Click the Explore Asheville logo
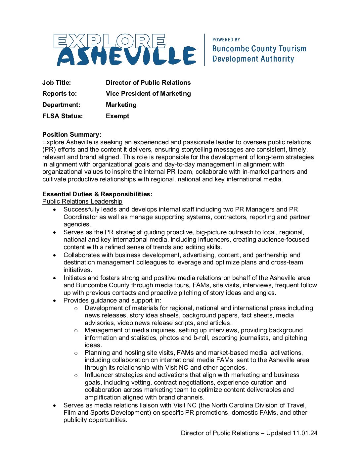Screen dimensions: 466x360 [125, 50]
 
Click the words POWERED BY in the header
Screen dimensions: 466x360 [226, 40]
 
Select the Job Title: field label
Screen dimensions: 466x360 [57, 83]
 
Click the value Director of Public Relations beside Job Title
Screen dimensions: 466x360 [148, 83]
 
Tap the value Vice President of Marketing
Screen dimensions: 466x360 [148, 94]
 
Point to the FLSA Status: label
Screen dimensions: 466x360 [63, 116]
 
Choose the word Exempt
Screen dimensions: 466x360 [117, 116]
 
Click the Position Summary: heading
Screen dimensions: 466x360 [72, 135]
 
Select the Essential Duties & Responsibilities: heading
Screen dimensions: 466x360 [97, 194]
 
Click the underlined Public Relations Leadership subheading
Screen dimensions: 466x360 [82, 202]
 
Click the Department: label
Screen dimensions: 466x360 [61, 105]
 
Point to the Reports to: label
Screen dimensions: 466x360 [60, 94]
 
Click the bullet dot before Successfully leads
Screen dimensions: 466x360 [55, 210]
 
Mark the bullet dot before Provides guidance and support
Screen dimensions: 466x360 [55, 301]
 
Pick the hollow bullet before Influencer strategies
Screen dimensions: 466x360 [76, 375]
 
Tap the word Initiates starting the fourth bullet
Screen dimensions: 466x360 [75, 278]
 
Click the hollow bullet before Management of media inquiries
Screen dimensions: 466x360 [76, 331]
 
